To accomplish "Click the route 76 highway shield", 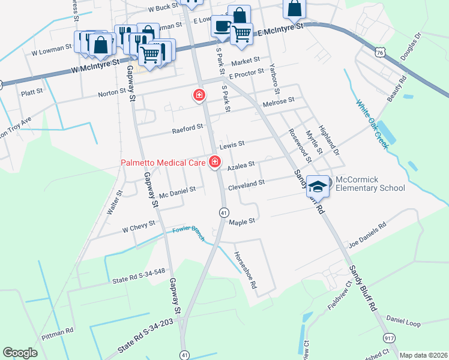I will point(380,53).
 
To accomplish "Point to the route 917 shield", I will point(390,338).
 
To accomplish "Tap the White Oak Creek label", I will point(373,124).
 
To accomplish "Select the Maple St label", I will point(243,221).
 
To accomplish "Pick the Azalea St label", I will point(241,163).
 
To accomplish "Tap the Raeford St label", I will point(187,127).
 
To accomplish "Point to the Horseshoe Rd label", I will point(246,268).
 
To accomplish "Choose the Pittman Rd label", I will point(61,331).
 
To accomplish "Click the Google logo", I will point(20,353).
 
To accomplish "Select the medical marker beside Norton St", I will point(198,95).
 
